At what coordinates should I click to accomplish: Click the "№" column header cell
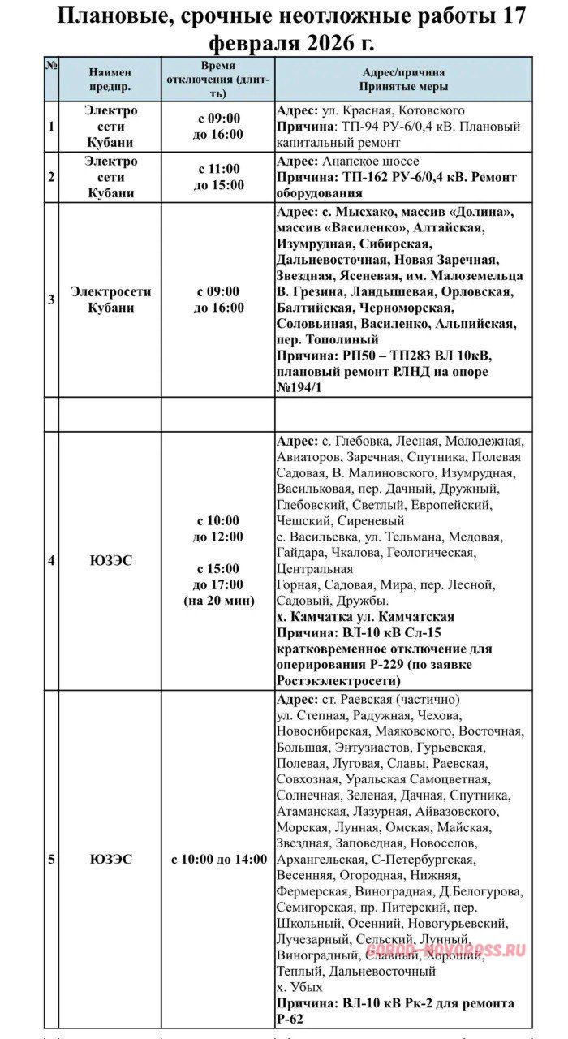pos(50,67)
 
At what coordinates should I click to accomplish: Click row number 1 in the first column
pos(51,127)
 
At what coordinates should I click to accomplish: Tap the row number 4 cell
pos(51,560)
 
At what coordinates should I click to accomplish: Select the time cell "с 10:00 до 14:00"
pos(219,859)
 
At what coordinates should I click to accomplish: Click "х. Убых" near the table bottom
pos(299,988)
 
